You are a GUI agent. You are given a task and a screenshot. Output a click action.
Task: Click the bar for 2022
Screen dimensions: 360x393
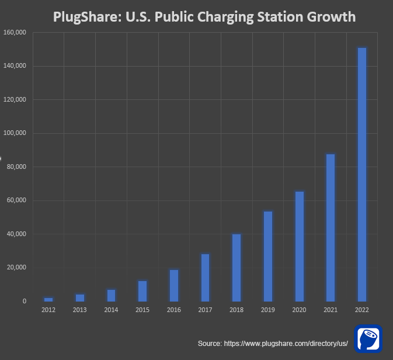tap(362, 174)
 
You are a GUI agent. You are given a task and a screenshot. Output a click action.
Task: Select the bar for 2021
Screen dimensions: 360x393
tap(331, 227)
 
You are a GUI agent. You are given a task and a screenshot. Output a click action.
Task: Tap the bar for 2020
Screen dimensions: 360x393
tap(299, 246)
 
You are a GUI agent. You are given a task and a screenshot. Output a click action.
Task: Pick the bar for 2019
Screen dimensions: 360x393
tap(268, 256)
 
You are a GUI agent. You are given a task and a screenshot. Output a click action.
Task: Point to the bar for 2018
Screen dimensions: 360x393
tap(237, 268)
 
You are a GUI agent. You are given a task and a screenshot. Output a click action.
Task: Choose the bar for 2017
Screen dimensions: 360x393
tap(205, 278)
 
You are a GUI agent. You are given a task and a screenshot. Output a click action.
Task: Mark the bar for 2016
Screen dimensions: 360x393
tap(174, 285)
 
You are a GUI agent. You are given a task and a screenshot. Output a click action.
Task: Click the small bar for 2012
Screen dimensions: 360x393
tap(48, 299)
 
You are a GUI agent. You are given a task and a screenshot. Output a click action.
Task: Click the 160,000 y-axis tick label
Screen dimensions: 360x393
tap(15, 33)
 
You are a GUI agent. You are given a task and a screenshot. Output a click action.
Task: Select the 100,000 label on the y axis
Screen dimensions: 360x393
tap(15, 133)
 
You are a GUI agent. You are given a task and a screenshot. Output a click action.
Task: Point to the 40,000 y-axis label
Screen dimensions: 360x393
tap(16, 234)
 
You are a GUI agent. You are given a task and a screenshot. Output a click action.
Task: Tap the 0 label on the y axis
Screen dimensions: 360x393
tap(24, 302)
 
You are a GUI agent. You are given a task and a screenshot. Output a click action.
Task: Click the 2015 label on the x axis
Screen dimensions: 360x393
tap(142, 310)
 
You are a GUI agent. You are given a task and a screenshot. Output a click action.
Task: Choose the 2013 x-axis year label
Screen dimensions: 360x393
tap(80, 310)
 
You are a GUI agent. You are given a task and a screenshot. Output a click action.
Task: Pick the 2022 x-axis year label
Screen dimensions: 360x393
tap(362, 310)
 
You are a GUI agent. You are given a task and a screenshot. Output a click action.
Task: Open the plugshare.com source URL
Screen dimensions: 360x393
tap(286, 344)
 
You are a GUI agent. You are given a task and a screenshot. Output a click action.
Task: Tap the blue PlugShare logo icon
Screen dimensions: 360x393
tap(368, 339)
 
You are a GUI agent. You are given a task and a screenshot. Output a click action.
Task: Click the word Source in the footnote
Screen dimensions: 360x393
tap(209, 344)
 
